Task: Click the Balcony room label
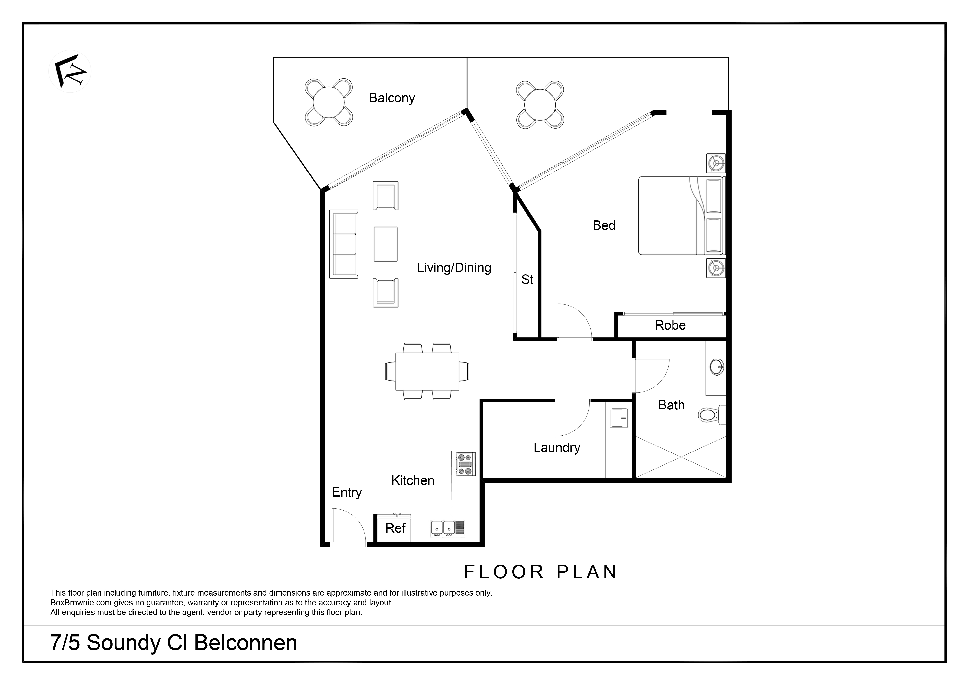coord(392,98)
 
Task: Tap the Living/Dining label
coord(454,268)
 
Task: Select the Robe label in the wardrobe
coord(670,325)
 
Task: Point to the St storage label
coord(527,279)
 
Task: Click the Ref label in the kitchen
coord(395,528)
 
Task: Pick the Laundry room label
coord(557,448)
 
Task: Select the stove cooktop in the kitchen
coord(466,464)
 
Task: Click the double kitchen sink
coord(447,528)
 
